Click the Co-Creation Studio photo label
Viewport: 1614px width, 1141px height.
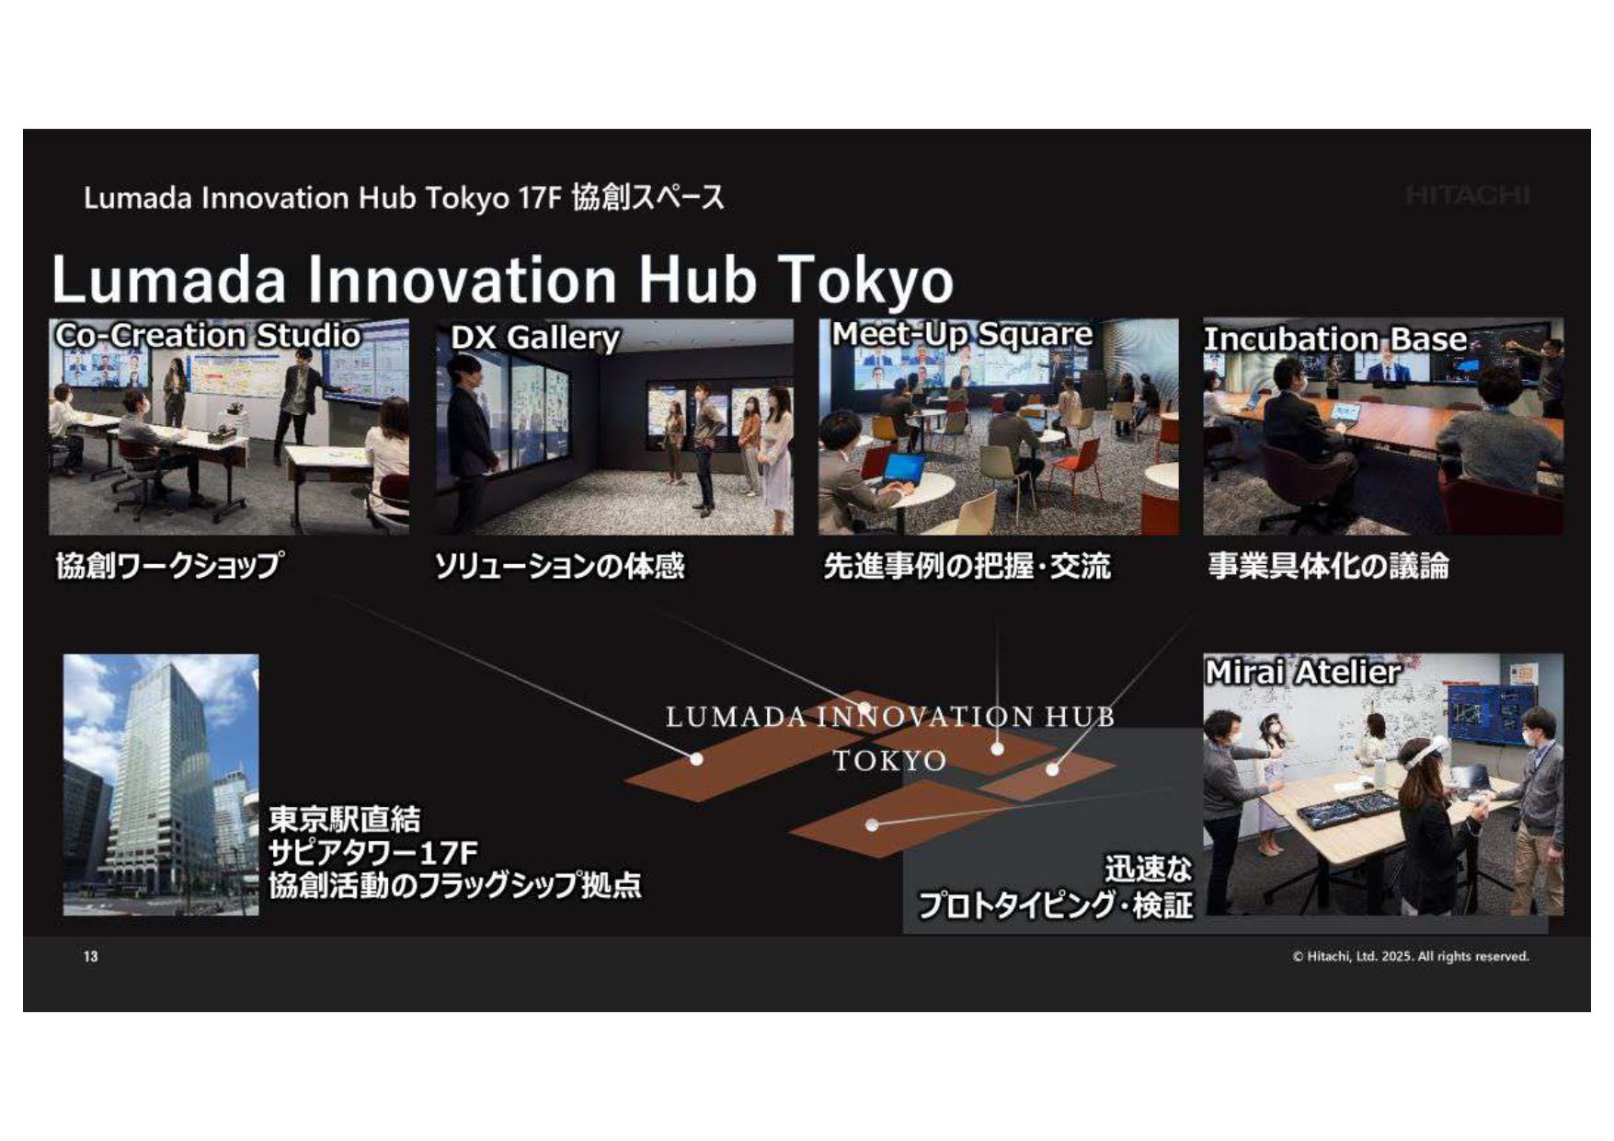208,335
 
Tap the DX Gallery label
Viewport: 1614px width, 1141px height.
535,338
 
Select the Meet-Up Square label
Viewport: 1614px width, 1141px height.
962,334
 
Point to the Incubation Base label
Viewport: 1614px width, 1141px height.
1335,339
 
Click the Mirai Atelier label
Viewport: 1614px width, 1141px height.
1303,672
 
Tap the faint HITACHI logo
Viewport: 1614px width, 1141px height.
1468,195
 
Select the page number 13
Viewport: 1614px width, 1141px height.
90,956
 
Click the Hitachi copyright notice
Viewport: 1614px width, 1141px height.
1411,956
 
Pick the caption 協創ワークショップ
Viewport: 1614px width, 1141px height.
170,565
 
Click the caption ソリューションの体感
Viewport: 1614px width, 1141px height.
559,565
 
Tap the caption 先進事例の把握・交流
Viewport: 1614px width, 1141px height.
967,566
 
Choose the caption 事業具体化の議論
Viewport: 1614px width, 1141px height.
1328,566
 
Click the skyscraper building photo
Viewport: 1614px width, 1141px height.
161,785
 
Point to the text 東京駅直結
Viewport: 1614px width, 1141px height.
345,819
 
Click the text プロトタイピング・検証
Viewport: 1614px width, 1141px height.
1056,905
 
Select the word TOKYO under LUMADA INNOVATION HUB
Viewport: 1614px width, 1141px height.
889,761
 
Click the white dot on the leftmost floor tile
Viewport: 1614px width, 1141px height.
696,759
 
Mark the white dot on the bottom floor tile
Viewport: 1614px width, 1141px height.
872,825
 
